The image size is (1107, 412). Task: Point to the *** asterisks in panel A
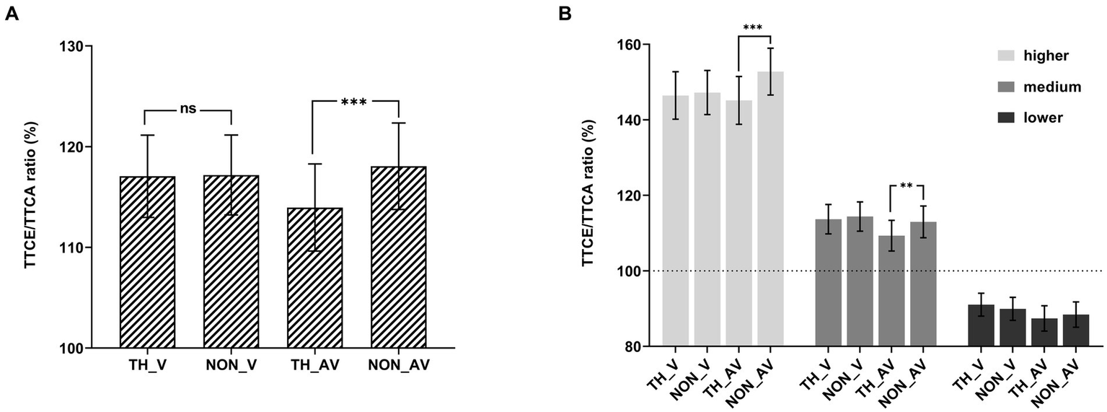click(355, 101)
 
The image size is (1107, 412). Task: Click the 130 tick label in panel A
click(71, 46)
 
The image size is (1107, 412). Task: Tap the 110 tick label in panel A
click(71, 247)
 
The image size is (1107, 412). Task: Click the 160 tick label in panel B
click(628, 45)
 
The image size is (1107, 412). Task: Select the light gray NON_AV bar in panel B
click(770, 209)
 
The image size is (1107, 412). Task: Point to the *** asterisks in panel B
click(754, 27)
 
